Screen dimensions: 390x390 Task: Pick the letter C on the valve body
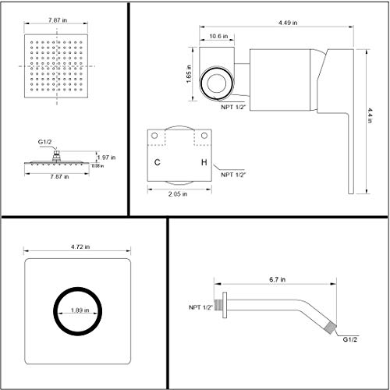click(x=158, y=162)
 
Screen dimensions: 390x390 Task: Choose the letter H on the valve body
click(x=204, y=162)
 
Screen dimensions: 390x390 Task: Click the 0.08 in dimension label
click(x=97, y=165)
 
